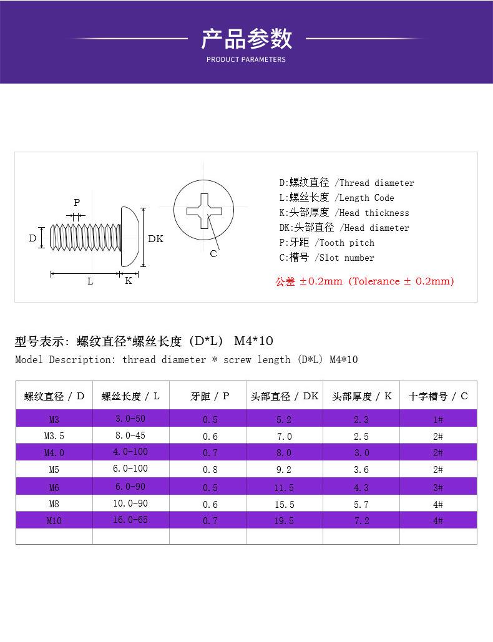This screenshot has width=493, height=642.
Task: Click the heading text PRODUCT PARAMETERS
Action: pyautogui.click(x=246, y=59)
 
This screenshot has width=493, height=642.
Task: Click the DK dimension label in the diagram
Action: pyautogui.click(x=155, y=239)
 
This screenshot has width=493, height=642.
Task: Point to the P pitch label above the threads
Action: pyautogui.click(x=77, y=202)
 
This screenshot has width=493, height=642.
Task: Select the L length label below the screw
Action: pyautogui.click(x=90, y=281)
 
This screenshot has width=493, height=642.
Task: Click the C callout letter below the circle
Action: pyautogui.click(x=213, y=254)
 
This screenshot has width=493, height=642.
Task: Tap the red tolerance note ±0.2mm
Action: pyautogui.click(x=365, y=281)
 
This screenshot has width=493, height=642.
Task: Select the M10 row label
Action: pyautogui.click(x=54, y=520)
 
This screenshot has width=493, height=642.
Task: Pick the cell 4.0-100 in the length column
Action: pyautogui.click(x=130, y=452)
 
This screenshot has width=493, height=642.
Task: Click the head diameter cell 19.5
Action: pyautogui.click(x=284, y=520)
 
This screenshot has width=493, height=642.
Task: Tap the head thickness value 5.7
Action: pyautogui.click(x=361, y=504)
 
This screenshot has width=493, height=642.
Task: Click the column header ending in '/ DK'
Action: pyautogui.click(x=284, y=396)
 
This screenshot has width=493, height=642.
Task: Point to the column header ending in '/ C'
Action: pyautogui.click(x=438, y=396)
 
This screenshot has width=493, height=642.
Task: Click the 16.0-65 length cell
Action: pyautogui.click(x=130, y=519)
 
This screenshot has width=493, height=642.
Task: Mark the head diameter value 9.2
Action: pyautogui.click(x=284, y=470)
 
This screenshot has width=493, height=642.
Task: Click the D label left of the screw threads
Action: pyautogui.click(x=32, y=238)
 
